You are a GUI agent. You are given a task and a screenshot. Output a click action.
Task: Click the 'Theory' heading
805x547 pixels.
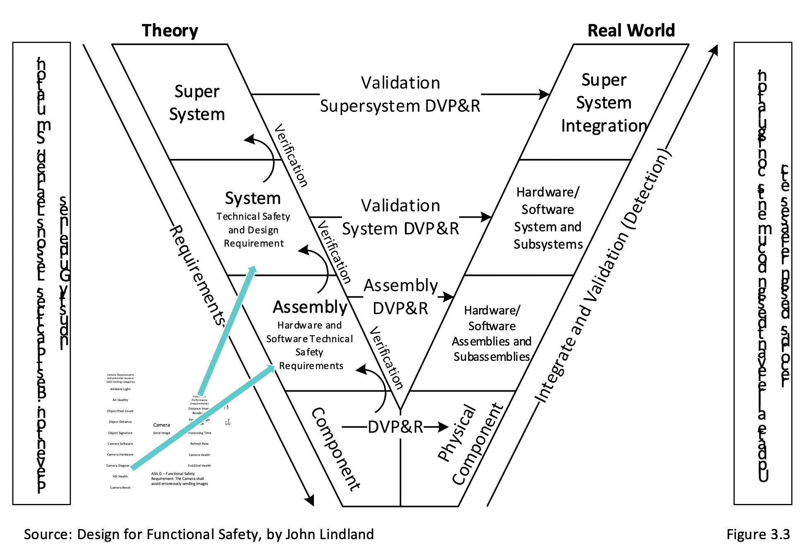pos(170,31)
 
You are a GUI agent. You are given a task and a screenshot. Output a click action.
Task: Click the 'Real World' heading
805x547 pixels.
pos(631,31)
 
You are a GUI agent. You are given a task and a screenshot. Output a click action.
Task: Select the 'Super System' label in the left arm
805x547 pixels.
pos(197,103)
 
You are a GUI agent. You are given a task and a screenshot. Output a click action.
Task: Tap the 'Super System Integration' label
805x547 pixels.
pos(604,103)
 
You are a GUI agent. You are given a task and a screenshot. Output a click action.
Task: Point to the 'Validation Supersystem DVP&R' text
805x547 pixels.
pos(400,94)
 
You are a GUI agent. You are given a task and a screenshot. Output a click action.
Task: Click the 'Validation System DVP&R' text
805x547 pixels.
pos(400,217)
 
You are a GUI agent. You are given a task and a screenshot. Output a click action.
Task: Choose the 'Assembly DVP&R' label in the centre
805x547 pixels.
pos(400,297)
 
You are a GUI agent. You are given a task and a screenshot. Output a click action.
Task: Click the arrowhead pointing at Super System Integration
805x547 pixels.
pos(545,94)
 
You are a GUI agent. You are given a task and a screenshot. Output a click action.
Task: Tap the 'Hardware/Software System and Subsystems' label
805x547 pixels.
pos(548,218)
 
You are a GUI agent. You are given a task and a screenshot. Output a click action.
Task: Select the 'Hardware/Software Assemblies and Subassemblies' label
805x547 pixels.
pos(491,333)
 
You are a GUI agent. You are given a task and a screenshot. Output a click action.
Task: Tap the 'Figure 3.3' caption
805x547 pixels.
pos(758,534)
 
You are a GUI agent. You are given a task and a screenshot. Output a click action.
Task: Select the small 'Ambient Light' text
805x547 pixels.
pos(120,389)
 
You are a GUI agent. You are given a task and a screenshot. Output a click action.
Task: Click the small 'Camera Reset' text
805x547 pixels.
pos(120,487)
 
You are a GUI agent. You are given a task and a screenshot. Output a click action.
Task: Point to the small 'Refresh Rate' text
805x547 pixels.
pos(199,444)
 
